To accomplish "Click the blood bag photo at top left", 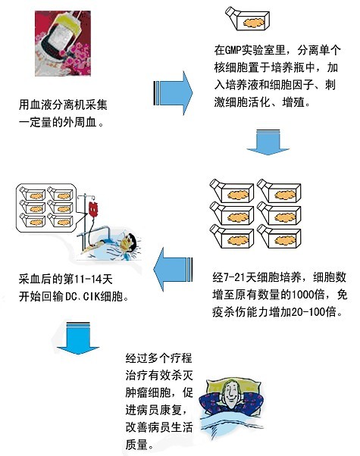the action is coord(63,43).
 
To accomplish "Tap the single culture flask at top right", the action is coord(247,19).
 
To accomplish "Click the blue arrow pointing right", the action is coord(173,93).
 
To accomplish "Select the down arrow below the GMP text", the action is coord(268,142).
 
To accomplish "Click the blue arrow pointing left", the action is coord(173,270).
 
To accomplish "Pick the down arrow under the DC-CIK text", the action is coord(78,338).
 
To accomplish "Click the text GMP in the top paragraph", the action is coord(233,50).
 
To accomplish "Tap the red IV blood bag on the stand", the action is coord(93,209).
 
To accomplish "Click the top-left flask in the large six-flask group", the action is coord(232,191).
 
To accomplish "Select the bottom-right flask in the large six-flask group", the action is coord(279,236).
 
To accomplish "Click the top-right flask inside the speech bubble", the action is coord(60,194).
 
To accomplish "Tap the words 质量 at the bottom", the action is coord(136,445).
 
